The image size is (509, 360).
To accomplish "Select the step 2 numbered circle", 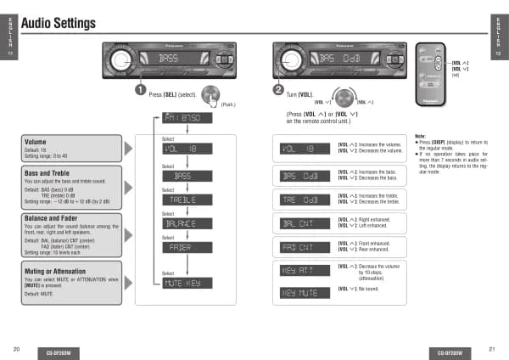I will click(x=277, y=89).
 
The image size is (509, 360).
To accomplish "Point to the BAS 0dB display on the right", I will click(x=304, y=176).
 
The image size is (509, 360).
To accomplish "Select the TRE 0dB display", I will click(x=304, y=200).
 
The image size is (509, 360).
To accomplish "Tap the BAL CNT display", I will click(x=304, y=223).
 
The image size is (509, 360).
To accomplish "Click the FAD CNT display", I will click(x=304, y=247).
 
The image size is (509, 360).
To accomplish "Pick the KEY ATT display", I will click(x=304, y=270).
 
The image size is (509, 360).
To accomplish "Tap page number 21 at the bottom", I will click(x=491, y=349).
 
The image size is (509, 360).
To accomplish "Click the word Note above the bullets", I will click(x=420, y=136).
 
